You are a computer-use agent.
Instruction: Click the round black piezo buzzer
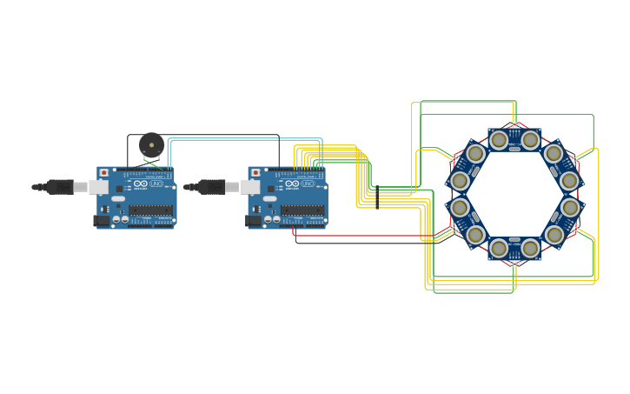[151, 144]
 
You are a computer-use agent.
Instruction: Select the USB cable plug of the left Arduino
[60, 186]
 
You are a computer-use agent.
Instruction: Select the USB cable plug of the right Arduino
[211, 186]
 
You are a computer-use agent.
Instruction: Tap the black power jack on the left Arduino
[101, 220]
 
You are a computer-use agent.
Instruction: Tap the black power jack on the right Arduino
[253, 220]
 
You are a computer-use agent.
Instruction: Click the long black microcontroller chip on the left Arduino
[150, 210]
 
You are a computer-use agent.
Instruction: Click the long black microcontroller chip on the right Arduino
[302, 210]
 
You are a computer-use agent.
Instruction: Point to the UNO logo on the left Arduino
[156, 184]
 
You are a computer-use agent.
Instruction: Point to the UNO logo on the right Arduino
[308, 184]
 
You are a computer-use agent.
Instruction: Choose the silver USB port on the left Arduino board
[98, 186]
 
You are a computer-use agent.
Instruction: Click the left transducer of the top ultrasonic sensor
[499, 139]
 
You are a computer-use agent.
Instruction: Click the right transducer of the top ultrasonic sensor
[530, 139]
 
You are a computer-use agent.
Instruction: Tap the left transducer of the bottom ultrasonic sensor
[499, 249]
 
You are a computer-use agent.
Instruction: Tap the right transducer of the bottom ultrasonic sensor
[530, 249]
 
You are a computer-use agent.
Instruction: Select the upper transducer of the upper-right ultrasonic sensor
[554, 154]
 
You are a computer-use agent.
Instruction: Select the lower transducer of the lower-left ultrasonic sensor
[475, 235]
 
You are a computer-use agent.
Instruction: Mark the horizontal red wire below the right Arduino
[365, 236]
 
